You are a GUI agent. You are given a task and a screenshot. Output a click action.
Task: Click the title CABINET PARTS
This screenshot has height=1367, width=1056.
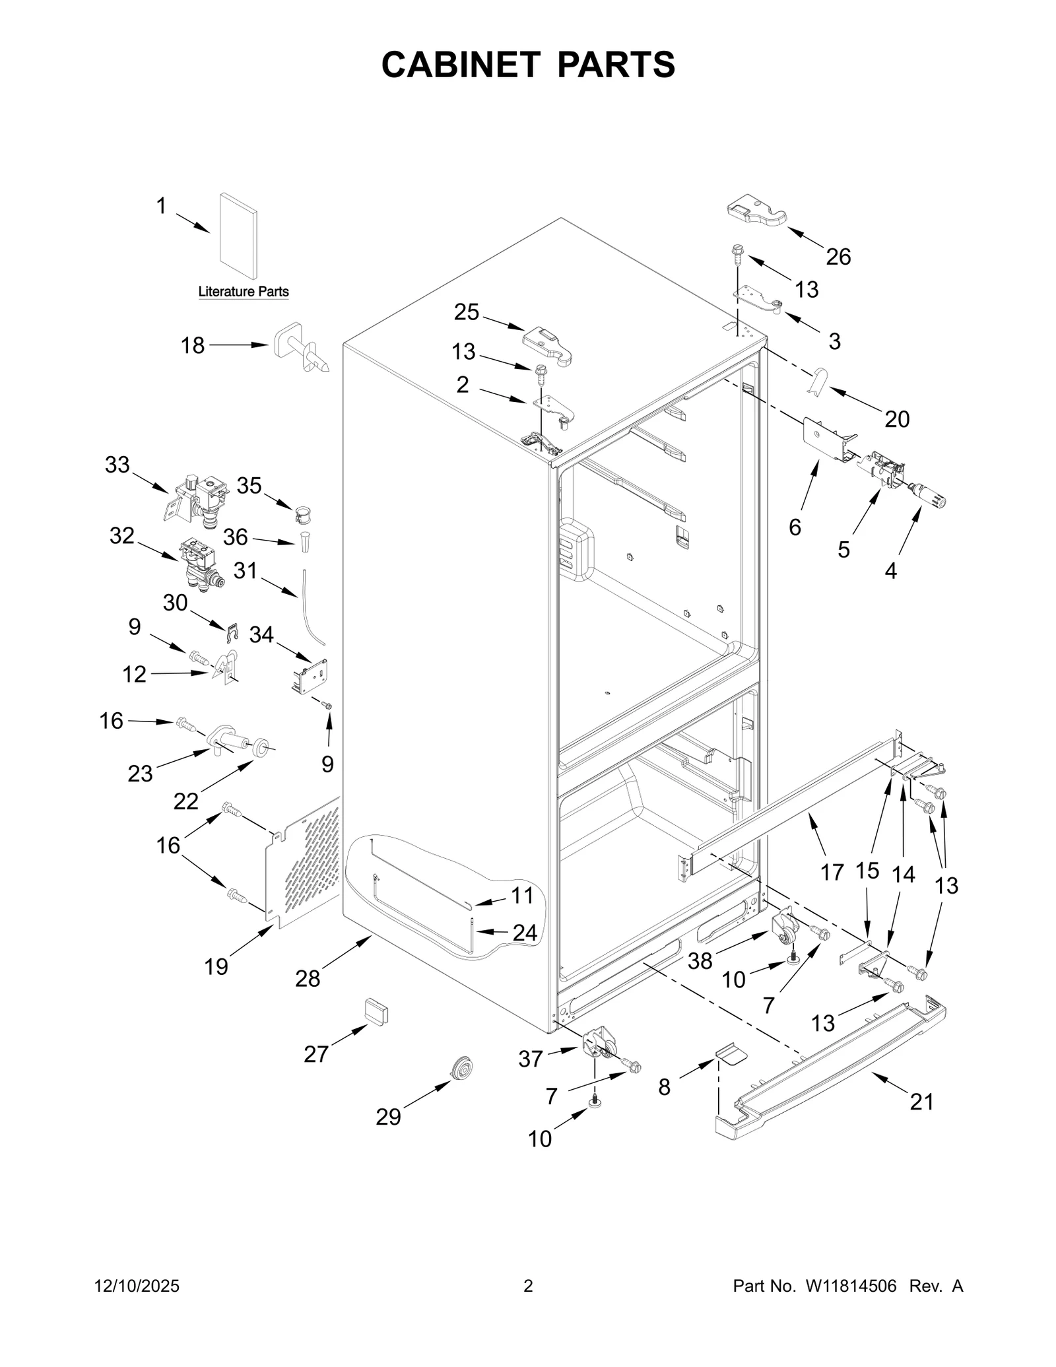point(528,65)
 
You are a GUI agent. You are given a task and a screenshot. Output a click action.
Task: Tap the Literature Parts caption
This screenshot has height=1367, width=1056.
point(244,292)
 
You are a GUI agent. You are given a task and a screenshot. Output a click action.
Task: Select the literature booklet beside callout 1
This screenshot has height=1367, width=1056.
point(238,237)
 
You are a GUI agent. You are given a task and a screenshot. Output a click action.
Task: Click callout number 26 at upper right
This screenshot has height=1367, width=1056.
point(838,257)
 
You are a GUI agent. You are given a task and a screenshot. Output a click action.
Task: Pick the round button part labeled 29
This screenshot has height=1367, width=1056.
point(459,1068)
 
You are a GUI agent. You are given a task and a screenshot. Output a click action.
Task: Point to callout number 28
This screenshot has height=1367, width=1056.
point(308,979)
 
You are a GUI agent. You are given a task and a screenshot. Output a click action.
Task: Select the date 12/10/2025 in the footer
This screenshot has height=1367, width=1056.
point(137,1285)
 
